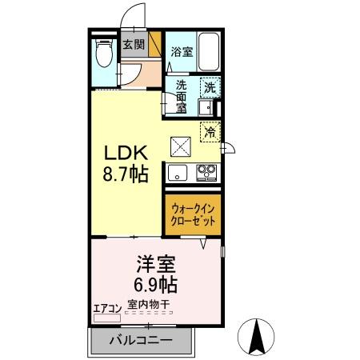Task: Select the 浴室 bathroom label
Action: coord(182,52)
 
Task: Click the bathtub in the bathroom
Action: coord(209,52)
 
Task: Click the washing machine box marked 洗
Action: coord(209,89)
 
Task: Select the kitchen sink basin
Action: coord(177,171)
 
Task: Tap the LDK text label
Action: coord(120,152)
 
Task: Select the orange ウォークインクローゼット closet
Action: coord(193,214)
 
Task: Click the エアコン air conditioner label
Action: coord(107,307)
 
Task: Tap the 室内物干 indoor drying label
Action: coord(150,306)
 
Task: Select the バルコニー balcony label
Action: coord(141,340)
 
